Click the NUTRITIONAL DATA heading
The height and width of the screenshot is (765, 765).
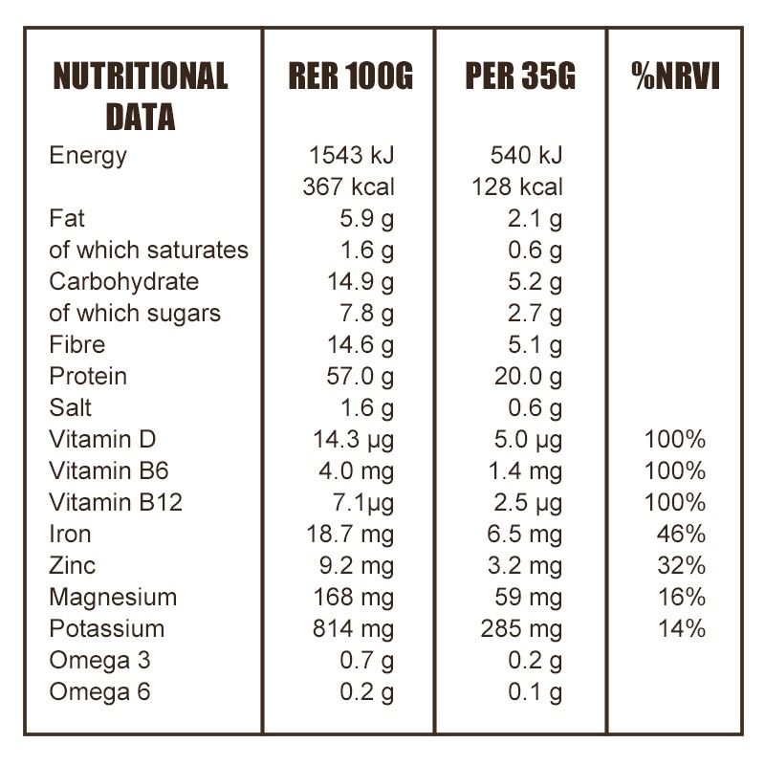(x=141, y=97)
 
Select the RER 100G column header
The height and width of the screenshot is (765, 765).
(x=350, y=77)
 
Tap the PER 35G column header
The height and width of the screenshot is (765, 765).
(x=520, y=77)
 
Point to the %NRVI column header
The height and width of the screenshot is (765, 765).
(x=675, y=77)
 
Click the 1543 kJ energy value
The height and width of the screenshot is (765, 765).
(x=351, y=155)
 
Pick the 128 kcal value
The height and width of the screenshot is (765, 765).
(x=517, y=186)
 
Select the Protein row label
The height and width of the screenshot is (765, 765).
(x=88, y=376)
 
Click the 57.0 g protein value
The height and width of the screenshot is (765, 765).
(x=360, y=376)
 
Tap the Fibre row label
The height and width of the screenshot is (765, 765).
(x=77, y=344)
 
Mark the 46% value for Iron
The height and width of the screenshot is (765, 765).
(x=681, y=534)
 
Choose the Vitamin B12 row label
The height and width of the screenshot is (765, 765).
(x=116, y=502)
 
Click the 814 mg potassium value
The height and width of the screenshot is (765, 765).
(x=353, y=628)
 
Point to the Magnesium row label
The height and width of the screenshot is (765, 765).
(x=113, y=597)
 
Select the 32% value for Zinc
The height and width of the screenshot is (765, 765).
(x=681, y=565)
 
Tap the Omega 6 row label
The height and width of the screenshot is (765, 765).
(x=99, y=691)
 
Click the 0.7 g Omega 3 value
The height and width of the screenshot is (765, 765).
(x=366, y=660)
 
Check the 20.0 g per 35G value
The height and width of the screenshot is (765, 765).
(x=528, y=376)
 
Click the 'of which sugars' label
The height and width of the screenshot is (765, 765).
(x=135, y=313)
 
